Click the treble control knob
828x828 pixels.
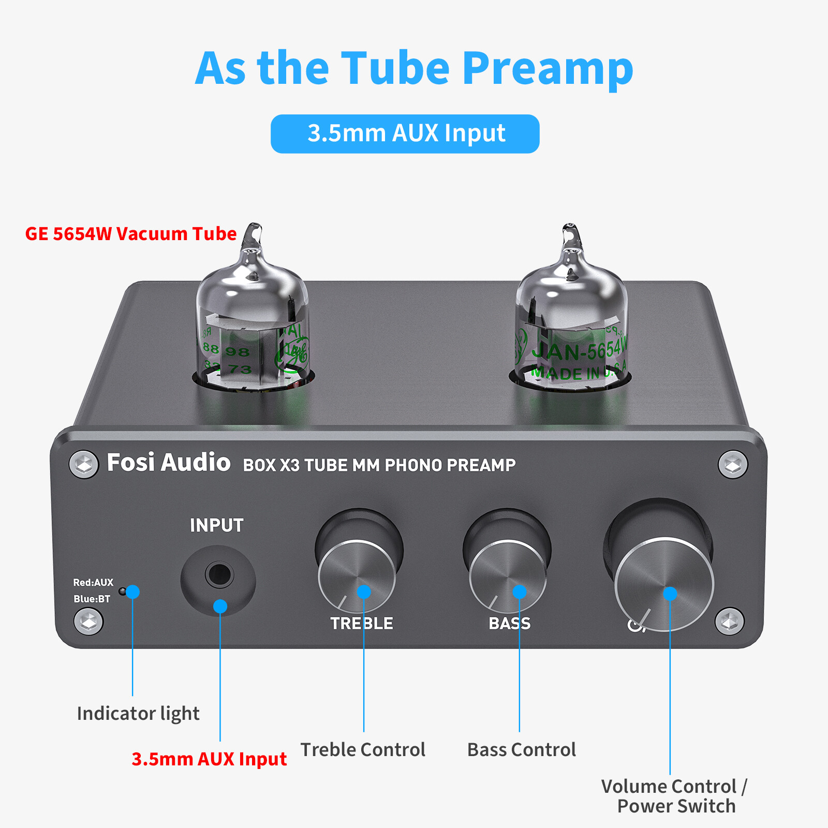point(357,574)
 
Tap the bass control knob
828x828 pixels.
point(508,574)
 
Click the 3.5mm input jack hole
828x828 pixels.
point(219,574)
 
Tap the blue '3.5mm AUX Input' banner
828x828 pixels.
point(405,134)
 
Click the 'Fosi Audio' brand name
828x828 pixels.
point(168,462)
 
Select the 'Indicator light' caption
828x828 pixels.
point(138,714)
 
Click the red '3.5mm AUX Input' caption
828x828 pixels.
point(209,759)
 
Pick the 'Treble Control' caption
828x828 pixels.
point(363,750)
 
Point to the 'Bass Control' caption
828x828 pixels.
point(521,750)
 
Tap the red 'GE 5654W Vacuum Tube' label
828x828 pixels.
point(131,234)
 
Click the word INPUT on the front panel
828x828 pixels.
point(216,526)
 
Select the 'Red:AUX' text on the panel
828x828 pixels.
point(93,583)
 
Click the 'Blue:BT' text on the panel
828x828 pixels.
point(92,599)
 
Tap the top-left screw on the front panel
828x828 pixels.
point(84,464)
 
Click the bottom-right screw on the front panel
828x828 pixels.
point(730,621)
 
